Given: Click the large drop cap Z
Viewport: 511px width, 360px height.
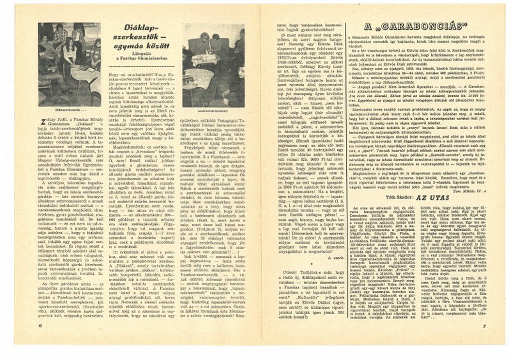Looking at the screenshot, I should coord(41,115).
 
